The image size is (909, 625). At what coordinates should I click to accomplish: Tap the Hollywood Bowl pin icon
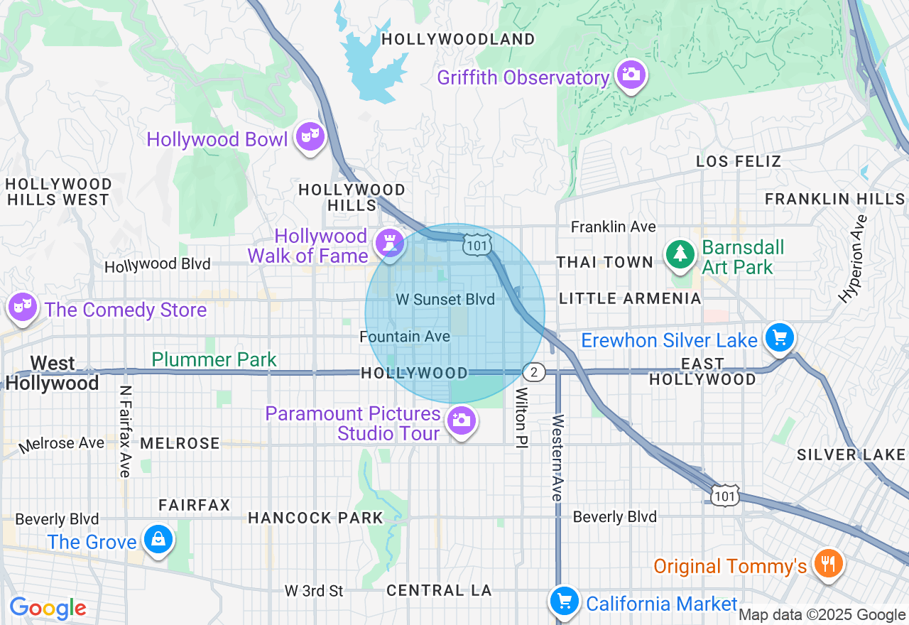pyautogui.click(x=310, y=136)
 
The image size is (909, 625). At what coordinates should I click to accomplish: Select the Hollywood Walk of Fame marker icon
pyautogui.click(x=389, y=243)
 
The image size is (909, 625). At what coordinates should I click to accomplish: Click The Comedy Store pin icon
pyautogui.click(x=23, y=307)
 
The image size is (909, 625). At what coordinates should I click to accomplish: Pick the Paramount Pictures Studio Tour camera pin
pyautogui.click(x=462, y=421)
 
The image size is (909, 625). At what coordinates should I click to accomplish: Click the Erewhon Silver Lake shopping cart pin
pyautogui.click(x=779, y=338)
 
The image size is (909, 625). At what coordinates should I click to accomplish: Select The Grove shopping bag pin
pyautogui.click(x=157, y=540)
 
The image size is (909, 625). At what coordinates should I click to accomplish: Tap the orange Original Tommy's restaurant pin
pyautogui.click(x=827, y=564)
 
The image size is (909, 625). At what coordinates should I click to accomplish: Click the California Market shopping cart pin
pyautogui.click(x=565, y=602)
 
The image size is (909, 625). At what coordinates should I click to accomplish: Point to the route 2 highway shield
pyautogui.click(x=533, y=372)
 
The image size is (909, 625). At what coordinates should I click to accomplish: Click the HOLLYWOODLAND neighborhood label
pyautogui.click(x=457, y=40)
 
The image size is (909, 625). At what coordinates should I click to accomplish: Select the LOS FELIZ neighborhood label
pyautogui.click(x=739, y=162)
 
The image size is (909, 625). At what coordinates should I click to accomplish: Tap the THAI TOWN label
pyautogui.click(x=604, y=263)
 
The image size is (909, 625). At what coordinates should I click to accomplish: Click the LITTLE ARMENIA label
pyautogui.click(x=630, y=299)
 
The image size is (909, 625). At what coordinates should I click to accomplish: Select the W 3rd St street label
pyautogui.click(x=314, y=591)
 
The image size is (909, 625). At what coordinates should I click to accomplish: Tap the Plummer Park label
pyautogui.click(x=214, y=359)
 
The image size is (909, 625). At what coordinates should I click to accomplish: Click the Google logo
pyautogui.click(x=48, y=608)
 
